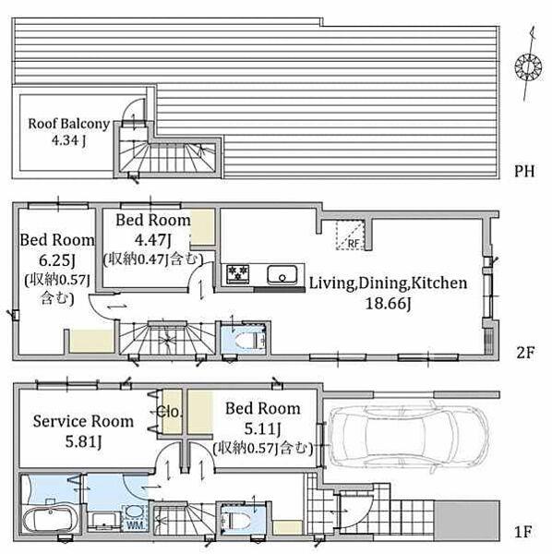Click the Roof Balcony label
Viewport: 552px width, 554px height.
point(69,124)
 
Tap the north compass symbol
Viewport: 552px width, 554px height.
point(528,66)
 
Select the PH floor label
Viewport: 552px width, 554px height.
point(524,171)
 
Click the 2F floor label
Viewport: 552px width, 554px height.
point(525,353)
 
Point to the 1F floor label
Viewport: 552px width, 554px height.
point(523,532)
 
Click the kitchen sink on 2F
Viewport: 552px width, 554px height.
point(282,274)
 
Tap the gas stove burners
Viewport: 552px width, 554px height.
point(237,273)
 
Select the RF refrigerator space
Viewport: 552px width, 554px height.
point(350,235)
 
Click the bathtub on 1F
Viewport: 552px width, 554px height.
point(50,519)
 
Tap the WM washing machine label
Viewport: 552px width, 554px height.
point(135,525)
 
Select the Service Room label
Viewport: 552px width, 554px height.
point(83,422)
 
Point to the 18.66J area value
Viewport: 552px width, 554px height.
point(388,303)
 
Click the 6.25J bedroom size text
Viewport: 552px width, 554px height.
point(57,260)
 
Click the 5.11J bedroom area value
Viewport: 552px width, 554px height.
point(263,429)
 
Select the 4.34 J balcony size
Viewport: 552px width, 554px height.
point(68,140)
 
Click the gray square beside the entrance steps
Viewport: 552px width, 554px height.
point(466,521)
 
